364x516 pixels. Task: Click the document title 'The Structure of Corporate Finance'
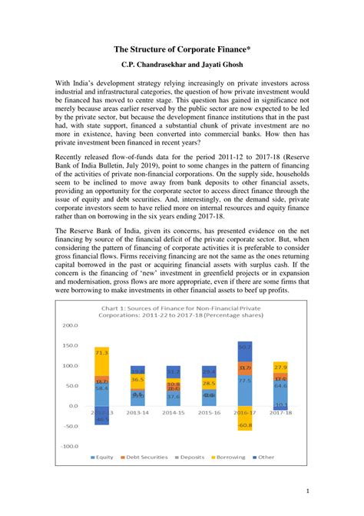[181, 48]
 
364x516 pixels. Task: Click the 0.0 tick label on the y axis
[74, 405]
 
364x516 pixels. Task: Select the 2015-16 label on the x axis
[209, 412]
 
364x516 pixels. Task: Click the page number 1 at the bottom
[307, 491]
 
